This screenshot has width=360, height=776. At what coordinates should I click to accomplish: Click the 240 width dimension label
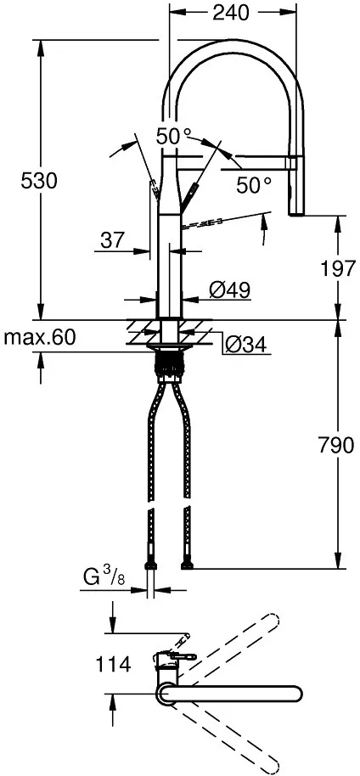click(230, 13)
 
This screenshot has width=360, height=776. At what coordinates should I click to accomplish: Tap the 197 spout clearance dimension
click(339, 269)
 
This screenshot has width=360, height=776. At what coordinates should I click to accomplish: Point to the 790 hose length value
click(336, 446)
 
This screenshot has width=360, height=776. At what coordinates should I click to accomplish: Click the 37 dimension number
click(112, 240)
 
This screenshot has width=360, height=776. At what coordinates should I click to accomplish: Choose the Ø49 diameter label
click(228, 290)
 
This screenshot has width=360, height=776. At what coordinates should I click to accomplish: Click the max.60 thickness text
click(40, 338)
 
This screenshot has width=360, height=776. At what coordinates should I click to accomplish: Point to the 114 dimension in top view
click(114, 664)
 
